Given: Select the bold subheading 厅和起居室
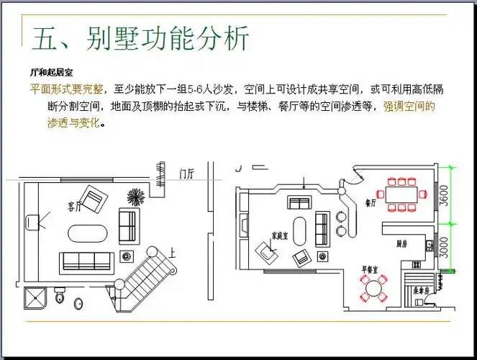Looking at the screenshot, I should [50, 73].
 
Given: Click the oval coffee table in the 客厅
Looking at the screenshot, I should [87, 233].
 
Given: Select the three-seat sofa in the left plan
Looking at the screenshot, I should [87, 260].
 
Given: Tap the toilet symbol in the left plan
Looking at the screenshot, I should [60, 296].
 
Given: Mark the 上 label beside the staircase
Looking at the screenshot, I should [172, 253].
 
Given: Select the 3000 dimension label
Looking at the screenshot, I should [465, 247].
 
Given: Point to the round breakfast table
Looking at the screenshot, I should [373, 287].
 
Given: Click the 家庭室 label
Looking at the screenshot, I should [280, 235].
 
